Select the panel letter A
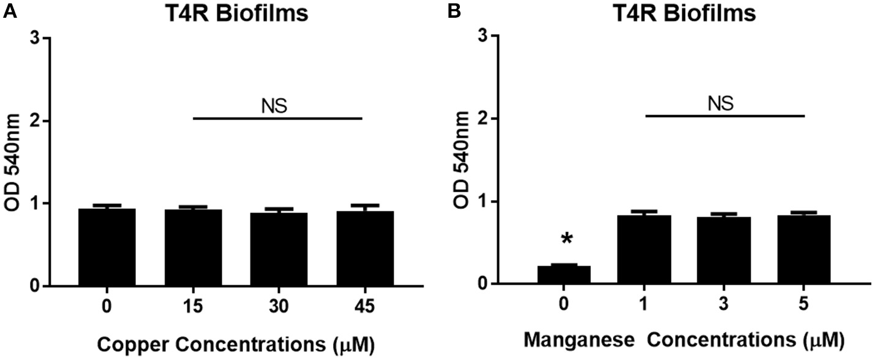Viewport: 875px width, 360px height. pos(9,11)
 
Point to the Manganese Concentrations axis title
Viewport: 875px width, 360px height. pos(684,339)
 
